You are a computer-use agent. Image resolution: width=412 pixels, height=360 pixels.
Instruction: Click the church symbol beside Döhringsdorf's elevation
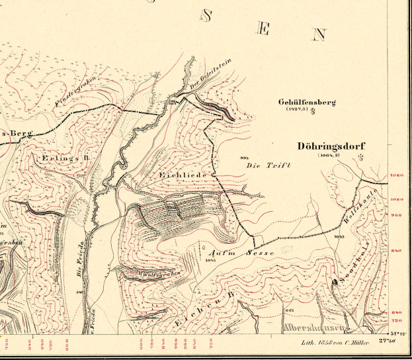coord(360,157)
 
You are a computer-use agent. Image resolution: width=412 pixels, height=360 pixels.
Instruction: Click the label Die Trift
coord(269,165)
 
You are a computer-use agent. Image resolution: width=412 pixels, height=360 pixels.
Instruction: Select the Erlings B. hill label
coord(46,159)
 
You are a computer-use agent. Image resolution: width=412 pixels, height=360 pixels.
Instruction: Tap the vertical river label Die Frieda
coord(79,257)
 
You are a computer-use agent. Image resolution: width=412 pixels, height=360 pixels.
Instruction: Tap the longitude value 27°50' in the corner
coord(387,341)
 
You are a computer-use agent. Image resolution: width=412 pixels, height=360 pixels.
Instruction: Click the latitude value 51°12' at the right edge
coord(398,334)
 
